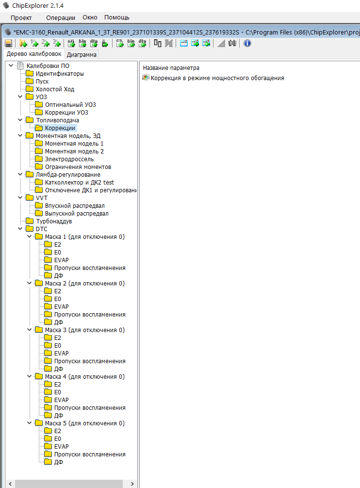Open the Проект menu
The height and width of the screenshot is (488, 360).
[21, 17]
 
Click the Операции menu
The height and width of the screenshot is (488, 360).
[61, 17]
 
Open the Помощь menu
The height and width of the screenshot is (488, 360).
[117, 17]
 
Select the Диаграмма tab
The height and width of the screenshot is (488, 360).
[82, 54]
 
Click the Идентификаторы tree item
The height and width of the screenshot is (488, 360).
[59, 74]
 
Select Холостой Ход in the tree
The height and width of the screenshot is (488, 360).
[55, 89]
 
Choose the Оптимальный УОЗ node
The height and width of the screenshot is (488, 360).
[70, 105]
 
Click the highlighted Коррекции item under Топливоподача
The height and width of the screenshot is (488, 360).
[60, 128]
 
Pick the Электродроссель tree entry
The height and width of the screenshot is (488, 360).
[69, 159]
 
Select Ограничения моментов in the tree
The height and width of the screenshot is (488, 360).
[78, 167]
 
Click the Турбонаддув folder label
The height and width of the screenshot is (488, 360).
[53, 221]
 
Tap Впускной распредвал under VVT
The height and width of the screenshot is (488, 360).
[74, 206]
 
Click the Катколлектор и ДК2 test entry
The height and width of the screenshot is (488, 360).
[79, 183]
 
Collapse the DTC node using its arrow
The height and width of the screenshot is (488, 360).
[20, 229]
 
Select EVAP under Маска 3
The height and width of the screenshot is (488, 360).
[61, 353]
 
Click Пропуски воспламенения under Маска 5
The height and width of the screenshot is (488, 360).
[89, 454]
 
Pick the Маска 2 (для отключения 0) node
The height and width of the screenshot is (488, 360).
[84, 284]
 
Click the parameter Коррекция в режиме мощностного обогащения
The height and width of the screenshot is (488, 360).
[217, 78]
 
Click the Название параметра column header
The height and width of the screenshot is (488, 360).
[171, 68]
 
